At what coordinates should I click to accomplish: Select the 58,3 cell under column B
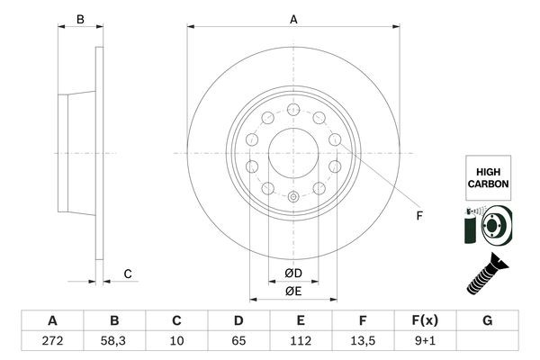[114, 341]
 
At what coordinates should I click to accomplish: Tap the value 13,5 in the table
[362, 341]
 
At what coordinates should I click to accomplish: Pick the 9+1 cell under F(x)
[424, 341]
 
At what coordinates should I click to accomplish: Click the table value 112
[300, 341]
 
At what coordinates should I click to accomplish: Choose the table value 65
[238, 341]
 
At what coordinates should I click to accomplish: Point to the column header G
[486, 320]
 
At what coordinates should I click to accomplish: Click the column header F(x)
[424, 320]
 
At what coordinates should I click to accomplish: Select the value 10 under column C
[176, 341]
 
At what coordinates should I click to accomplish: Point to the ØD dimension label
[293, 274]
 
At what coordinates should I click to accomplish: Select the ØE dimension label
[293, 291]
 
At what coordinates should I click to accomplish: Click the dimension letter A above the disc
[293, 19]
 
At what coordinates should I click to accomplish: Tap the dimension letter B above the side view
[79, 19]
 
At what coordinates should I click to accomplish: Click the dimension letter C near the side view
[128, 274]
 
